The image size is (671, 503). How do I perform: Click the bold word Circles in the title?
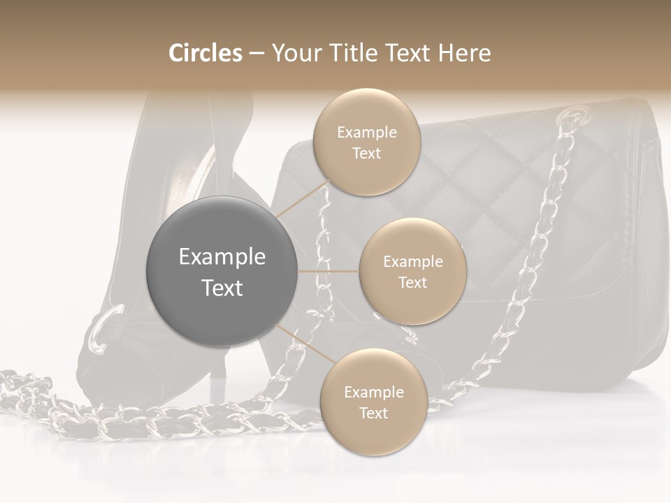pyautogui.click(x=205, y=53)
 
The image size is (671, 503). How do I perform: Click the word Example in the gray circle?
pyautogui.click(x=222, y=257)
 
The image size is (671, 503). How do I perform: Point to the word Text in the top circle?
pyautogui.click(x=367, y=154)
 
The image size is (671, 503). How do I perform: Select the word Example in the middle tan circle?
pyautogui.click(x=412, y=262)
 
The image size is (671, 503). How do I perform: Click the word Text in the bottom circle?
pyautogui.click(x=373, y=413)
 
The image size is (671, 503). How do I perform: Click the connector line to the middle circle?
pyautogui.click(x=329, y=271)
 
